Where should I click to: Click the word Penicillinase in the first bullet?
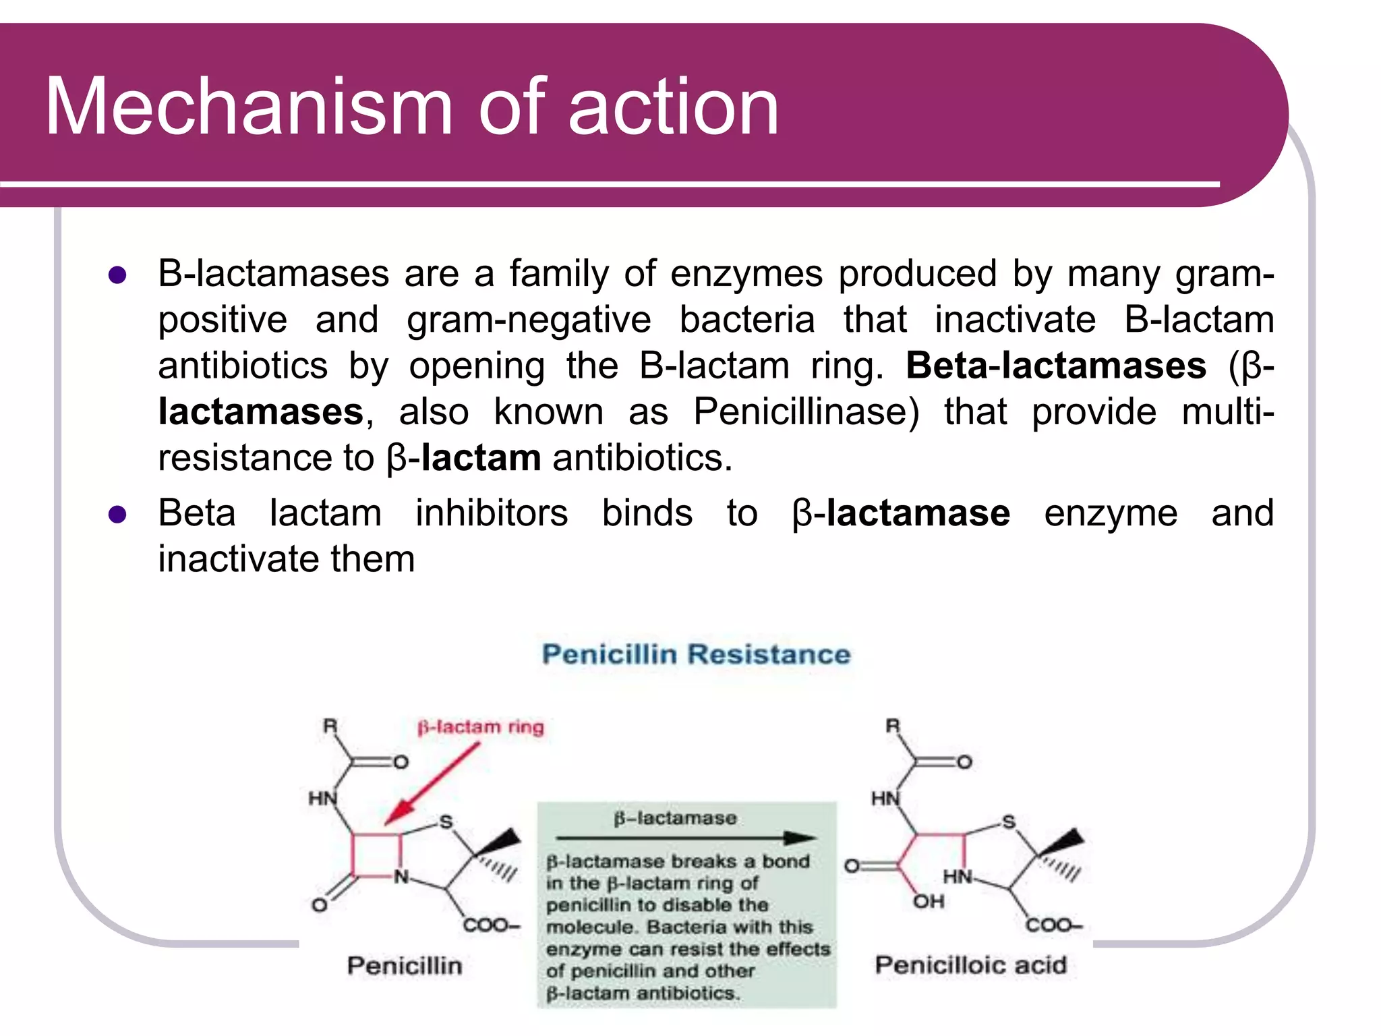pos(806,411)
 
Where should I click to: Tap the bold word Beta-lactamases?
pos(1055,366)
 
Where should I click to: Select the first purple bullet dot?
pos(117,275)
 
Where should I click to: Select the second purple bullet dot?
pos(117,515)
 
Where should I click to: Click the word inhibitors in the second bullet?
pos(492,513)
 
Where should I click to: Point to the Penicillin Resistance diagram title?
pos(696,654)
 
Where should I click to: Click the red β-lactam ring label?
pos(480,727)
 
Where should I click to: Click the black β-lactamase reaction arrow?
pos(686,838)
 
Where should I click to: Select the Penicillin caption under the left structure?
pos(405,965)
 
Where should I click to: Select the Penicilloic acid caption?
pos(970,965)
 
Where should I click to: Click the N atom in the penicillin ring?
pos(401,877)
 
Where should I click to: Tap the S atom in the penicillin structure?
pos(446,822)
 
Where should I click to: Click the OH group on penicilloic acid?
pos(929,902)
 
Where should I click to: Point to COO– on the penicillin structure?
pos(491,925)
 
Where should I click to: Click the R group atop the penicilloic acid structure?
pos(892,726)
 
